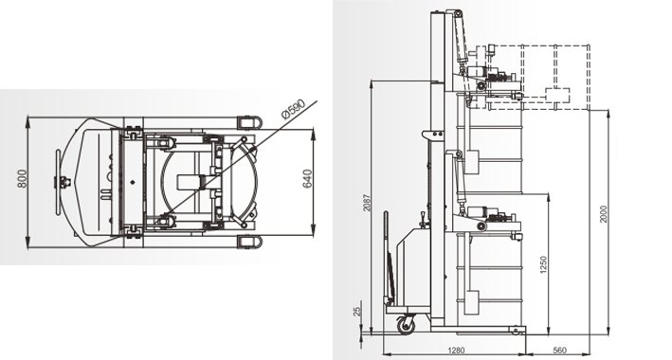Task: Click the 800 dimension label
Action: point(23,179)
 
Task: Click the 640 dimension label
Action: point(307,179)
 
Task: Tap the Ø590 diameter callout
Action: point(293,109)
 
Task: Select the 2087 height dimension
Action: point(367,203)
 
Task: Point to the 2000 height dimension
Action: point(604,214)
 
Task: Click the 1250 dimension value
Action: point(543,264)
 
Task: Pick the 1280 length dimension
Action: point(456,351)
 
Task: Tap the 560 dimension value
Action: point(560,351)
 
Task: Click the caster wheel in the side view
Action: point(406,325)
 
